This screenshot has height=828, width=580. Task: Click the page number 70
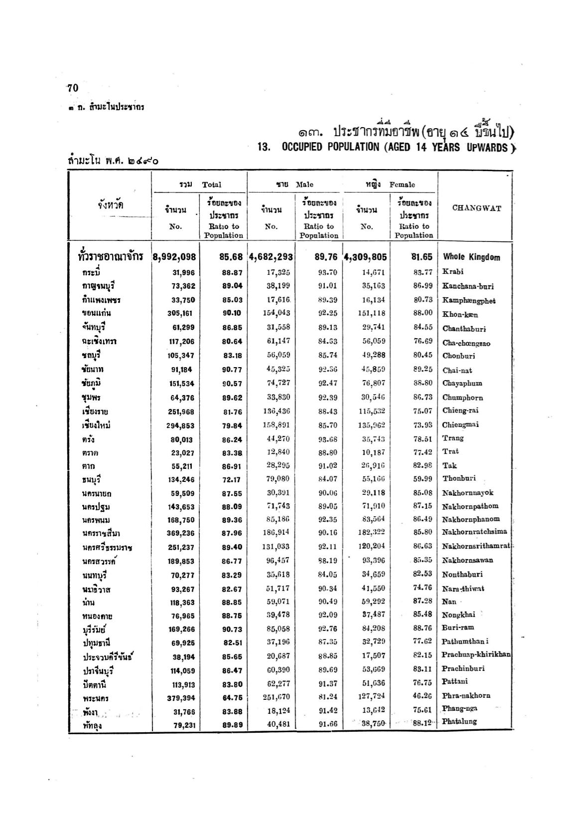tap(73, 88)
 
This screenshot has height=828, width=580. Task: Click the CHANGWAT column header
tap(476, 208)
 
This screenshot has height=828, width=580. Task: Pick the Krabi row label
tap(452, 271)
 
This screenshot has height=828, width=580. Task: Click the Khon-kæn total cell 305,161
tap(180, 314)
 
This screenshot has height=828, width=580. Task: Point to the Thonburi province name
tap(459, 478)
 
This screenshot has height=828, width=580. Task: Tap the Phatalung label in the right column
tap(459, 721)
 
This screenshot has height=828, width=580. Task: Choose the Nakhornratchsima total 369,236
tap(180, 533)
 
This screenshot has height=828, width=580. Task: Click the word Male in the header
tap(304, 185)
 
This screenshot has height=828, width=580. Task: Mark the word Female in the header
tap(402, 185)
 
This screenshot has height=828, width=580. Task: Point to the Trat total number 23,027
tap(182, 453)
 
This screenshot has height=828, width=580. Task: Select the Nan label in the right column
tap(449, 602)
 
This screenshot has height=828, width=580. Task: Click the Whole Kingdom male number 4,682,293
tap(271, 257)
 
